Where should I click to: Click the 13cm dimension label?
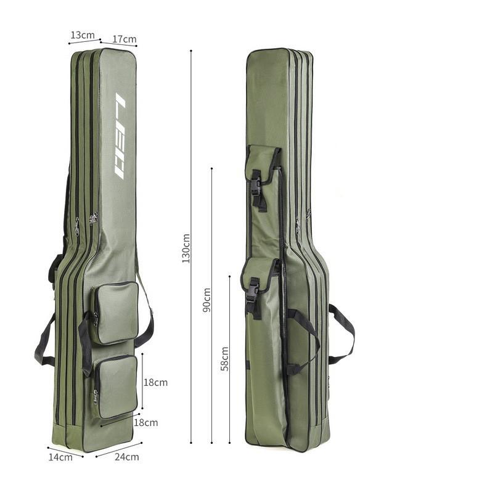82,35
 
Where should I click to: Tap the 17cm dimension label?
125,39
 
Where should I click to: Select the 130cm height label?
186,247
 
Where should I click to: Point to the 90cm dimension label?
207,300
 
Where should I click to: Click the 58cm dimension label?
225,358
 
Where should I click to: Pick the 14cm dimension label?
60,457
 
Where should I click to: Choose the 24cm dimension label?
126,457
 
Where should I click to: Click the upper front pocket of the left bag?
115,313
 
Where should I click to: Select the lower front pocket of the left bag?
117,386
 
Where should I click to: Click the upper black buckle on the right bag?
256,190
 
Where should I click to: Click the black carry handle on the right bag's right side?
343,333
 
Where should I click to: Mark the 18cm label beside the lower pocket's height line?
155,382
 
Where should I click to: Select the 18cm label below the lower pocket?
146,423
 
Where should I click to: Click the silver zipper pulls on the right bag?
303,219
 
